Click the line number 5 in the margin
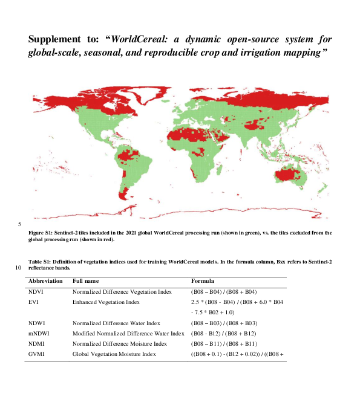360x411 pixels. (x=20, y=224)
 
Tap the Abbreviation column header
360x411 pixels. (x=45, y=281)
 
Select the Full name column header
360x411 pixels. (x=87, y=281)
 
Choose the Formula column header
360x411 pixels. (x=203, y=281)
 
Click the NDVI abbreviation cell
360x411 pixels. (x=36, y=291)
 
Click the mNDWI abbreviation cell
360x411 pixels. (x=39, y=333)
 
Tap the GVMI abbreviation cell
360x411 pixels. (x=37, y=354)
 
